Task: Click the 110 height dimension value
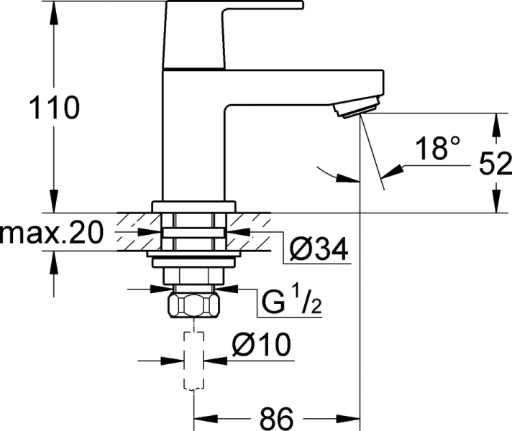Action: coord(52,110)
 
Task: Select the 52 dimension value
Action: coord(495,164)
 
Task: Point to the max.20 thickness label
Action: coord(51,233)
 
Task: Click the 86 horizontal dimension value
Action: coord(275,416)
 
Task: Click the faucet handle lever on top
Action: coord(237,6)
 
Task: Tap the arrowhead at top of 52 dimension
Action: coord(495,121)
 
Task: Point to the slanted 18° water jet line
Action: coord(372,154)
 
